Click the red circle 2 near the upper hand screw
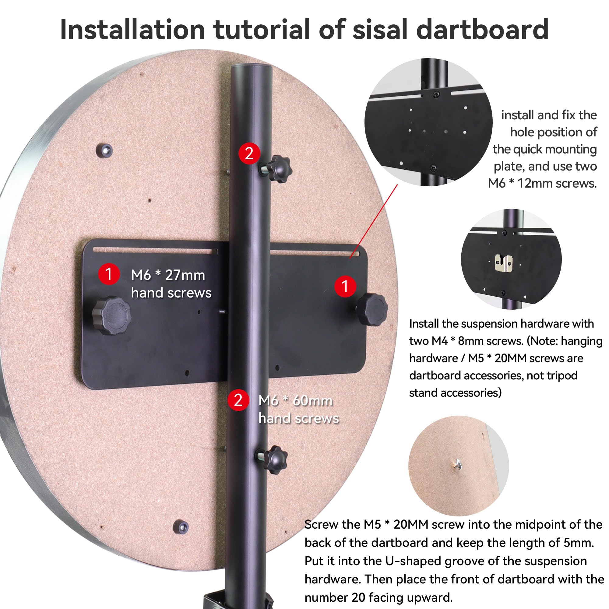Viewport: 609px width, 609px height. point(249,153)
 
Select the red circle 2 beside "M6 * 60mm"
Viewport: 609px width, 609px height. point(238,400)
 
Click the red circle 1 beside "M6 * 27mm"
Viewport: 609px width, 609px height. point(109,274)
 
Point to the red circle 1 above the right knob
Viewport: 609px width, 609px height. point(345,287)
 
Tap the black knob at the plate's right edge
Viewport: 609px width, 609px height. point(372,310)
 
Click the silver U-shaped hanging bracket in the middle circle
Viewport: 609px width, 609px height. point(503,262)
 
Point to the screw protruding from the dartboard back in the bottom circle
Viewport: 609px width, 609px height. point(456,464)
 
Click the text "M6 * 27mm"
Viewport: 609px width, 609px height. point(168,275)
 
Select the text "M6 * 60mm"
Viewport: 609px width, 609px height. point(295,401)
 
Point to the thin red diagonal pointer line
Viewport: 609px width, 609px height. point(374,222)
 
